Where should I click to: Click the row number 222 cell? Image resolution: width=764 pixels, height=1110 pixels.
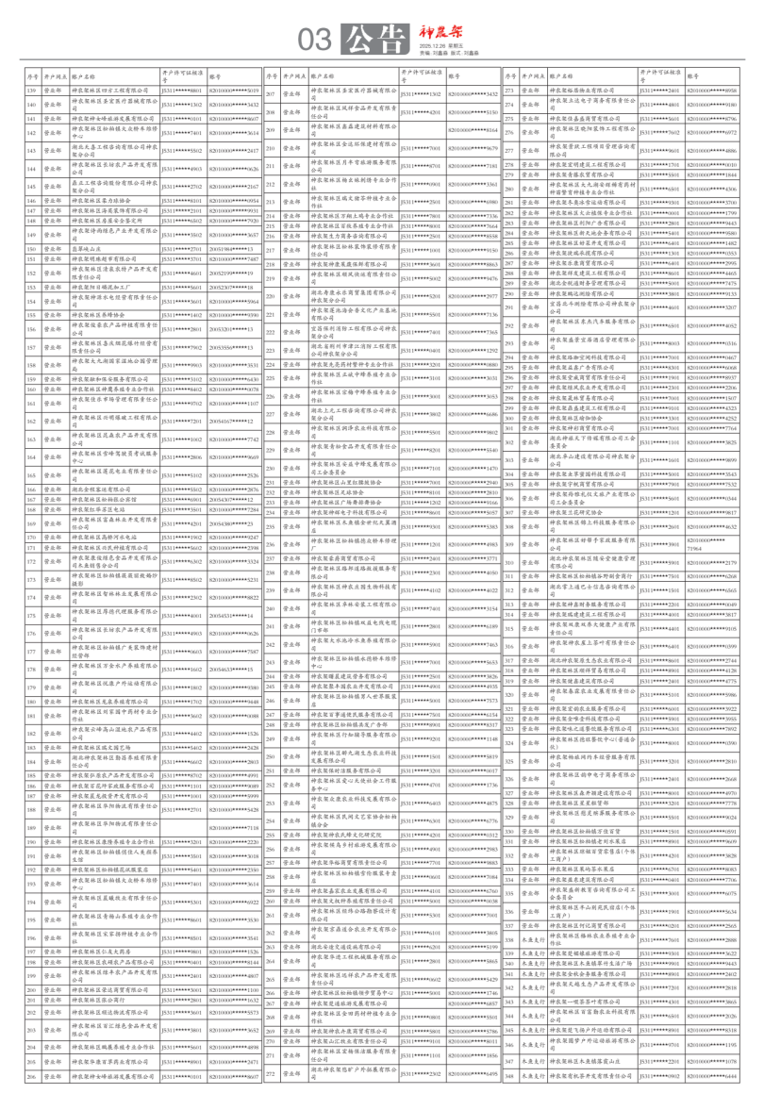(270, 332)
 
